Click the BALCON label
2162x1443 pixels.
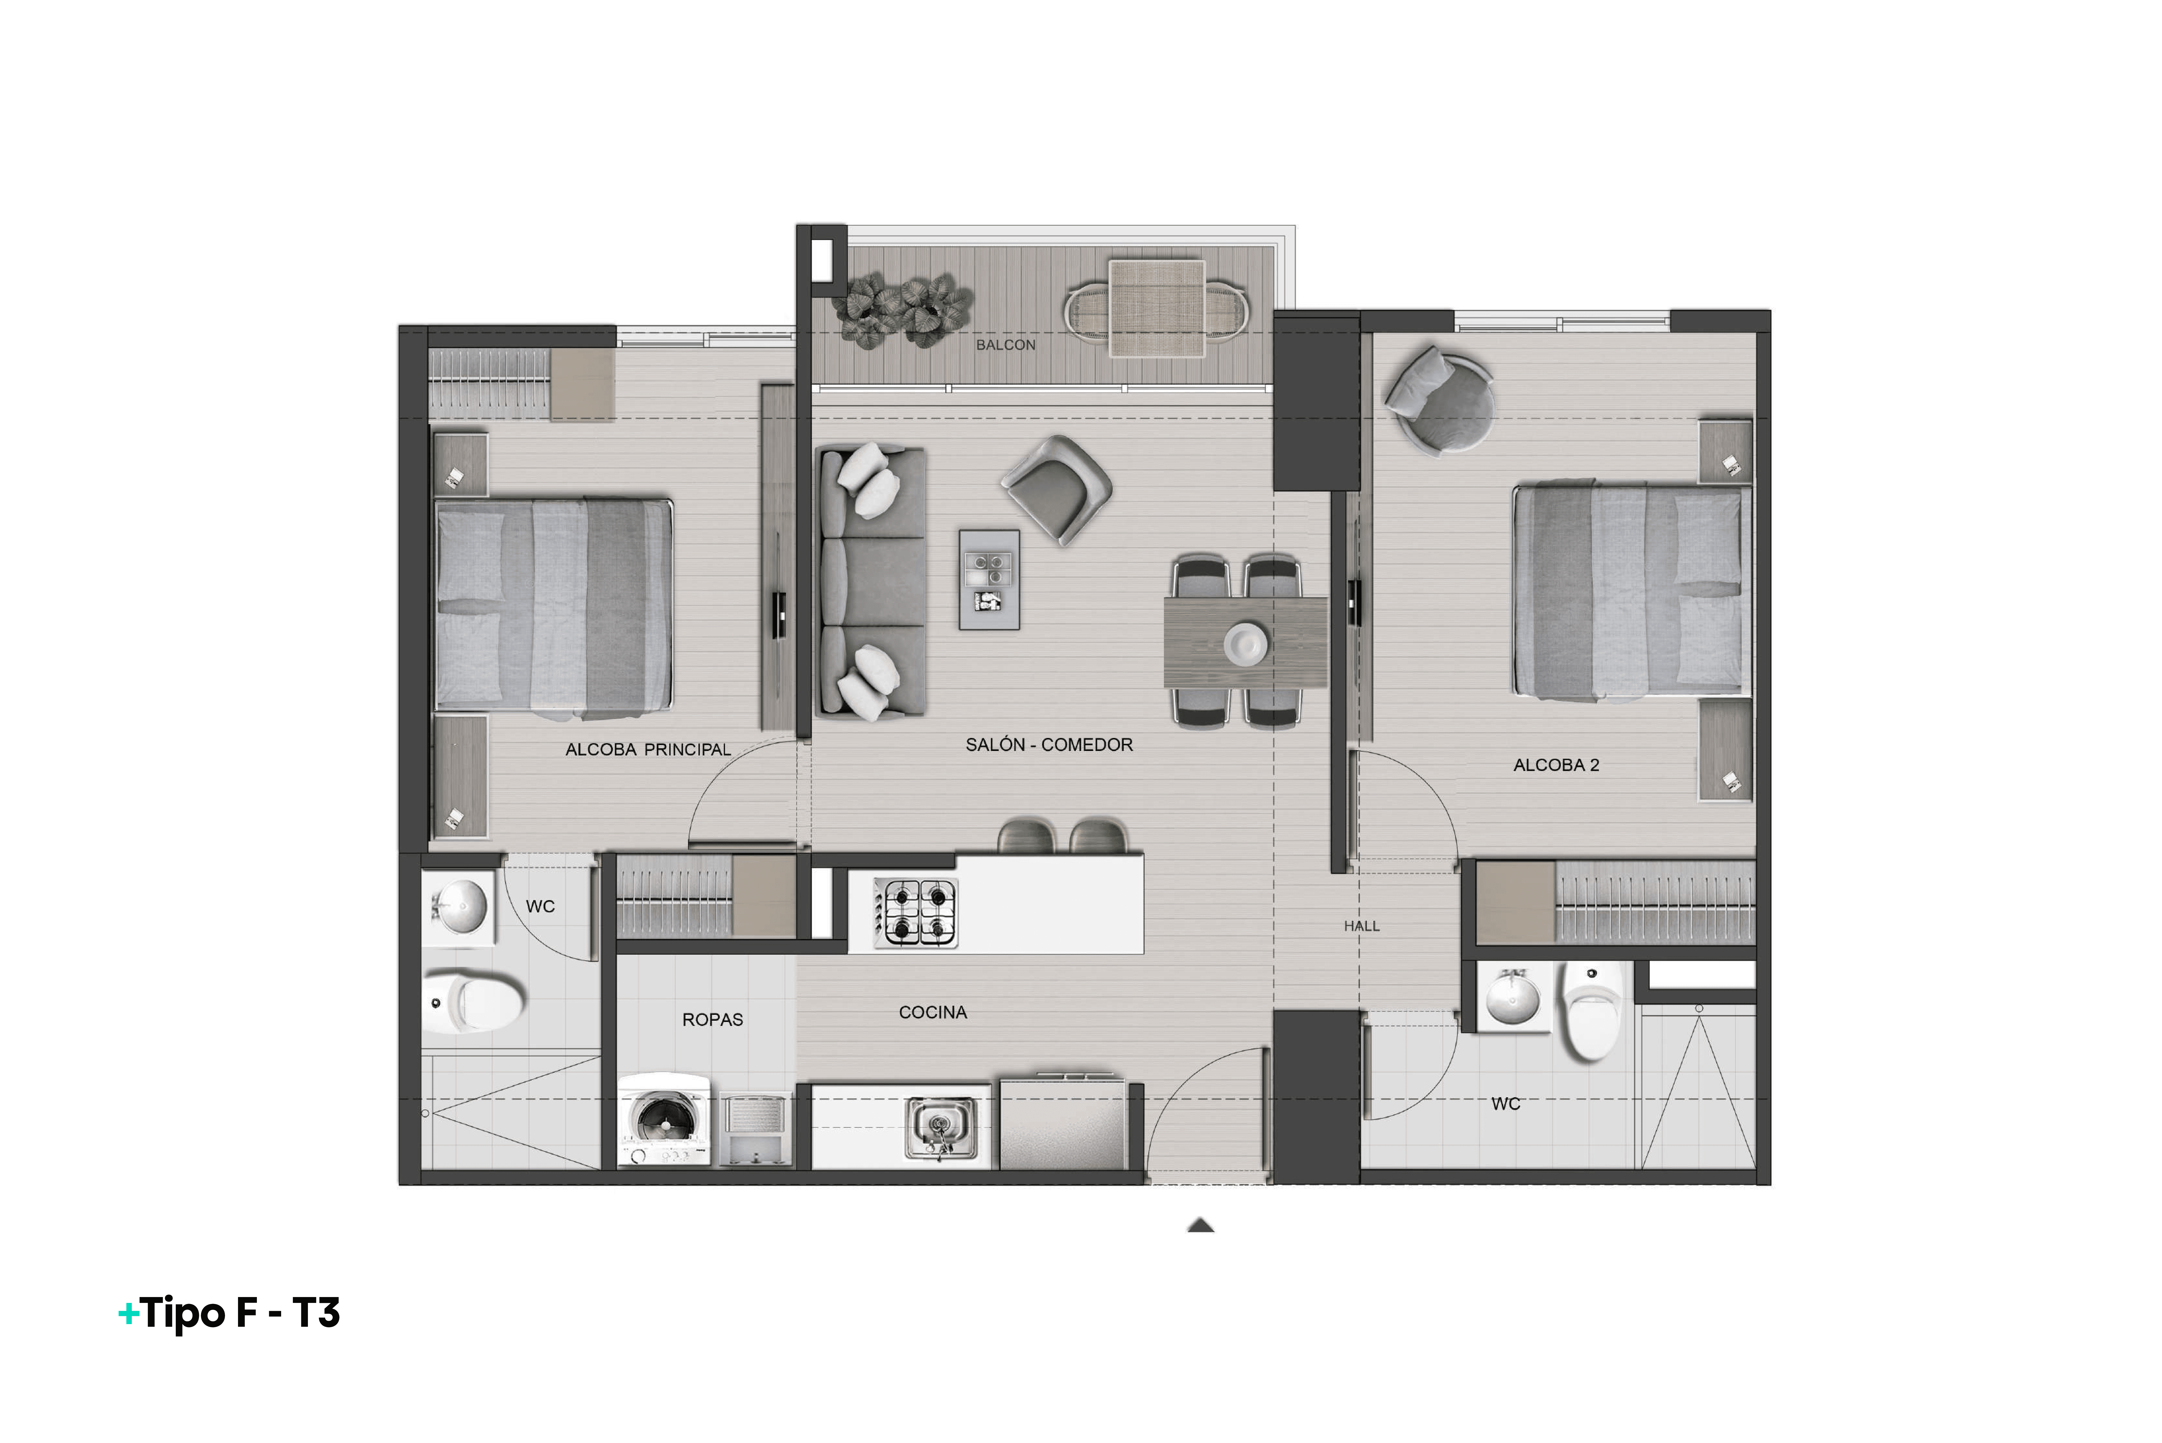(x=1006, y=345)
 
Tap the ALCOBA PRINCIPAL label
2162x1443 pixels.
(x=648, y=750)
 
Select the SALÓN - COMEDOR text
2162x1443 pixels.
(x=1049, y=745)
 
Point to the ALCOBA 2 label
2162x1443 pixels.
(x=1556, y=765)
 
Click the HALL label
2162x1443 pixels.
(x=1361, y=926)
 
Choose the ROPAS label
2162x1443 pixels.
(x=712, y=1020)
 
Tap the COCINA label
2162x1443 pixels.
(x=932, y=1012)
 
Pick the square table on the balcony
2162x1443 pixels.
(x=1156, y=308)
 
